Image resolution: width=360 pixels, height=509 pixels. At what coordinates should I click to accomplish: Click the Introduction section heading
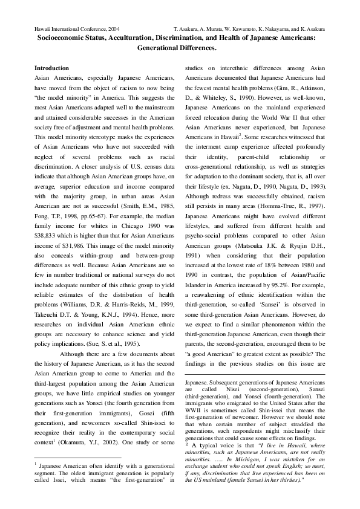[x=51, y=68]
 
